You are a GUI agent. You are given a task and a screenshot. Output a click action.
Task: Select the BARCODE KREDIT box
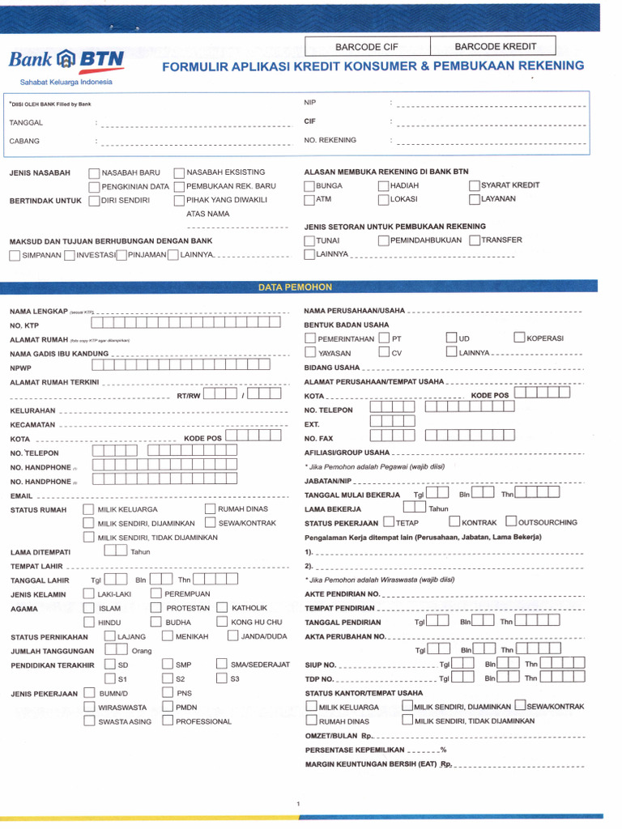[493, 47]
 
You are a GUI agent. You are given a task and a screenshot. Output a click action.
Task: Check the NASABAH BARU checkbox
[95, 173]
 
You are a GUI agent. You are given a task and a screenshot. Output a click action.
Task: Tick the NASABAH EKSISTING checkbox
[180, 172]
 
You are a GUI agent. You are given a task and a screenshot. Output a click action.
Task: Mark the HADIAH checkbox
[383, 186]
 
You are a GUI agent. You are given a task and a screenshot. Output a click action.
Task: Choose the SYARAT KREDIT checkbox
[475, 185]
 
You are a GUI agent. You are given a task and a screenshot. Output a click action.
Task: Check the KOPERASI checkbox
[519, 338]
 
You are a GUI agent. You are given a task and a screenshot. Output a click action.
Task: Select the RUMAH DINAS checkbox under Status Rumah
[211, 508]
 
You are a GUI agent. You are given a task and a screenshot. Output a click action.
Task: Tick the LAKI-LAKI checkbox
[89, 594]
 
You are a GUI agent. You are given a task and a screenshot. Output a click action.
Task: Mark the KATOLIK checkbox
[222, 607]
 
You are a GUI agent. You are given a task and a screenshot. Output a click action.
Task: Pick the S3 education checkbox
[222, 678]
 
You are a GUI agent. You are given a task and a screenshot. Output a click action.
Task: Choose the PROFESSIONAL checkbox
[168, 721]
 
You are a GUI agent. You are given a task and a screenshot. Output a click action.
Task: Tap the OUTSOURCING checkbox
[511, 521]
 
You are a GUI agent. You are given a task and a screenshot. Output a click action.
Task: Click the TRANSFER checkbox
[475, 240]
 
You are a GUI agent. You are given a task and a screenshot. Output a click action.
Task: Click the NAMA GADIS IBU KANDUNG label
[58, 354]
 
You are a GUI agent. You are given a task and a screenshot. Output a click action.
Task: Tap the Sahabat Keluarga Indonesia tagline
[66, 82]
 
